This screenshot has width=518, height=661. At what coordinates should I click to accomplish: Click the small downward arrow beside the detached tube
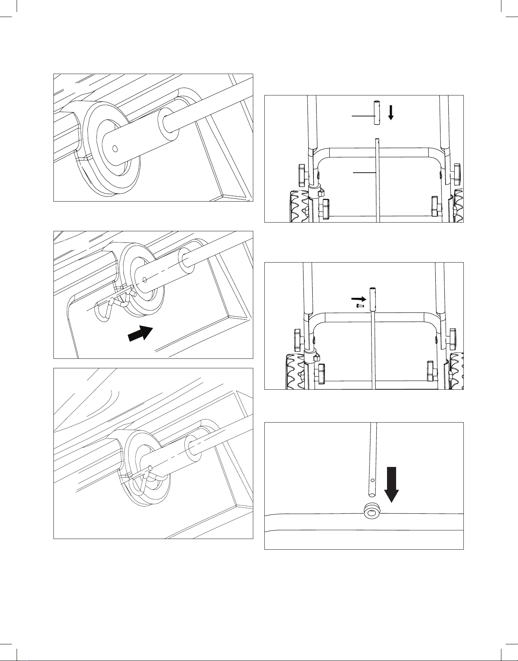click(x=391, y=112)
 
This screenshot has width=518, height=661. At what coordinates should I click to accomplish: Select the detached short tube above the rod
click(x=377, y=113)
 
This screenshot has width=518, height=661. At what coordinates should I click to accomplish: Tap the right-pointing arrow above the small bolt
click(x=359, y=298)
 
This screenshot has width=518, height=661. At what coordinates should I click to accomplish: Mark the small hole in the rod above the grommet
click(x=372, y=480)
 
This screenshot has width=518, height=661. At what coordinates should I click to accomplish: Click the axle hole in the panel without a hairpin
click(x=115, y=149)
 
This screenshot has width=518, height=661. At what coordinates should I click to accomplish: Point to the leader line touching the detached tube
click(x=362, y=116)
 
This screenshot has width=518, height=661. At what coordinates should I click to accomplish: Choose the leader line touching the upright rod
click(x=364, y=173)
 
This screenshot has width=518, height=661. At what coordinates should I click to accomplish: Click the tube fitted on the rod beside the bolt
click(x=372, y=299)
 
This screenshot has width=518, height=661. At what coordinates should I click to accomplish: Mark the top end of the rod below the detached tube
click(x=378, y=139)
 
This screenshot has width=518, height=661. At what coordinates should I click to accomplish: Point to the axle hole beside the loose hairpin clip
click(x=144, y=280)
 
